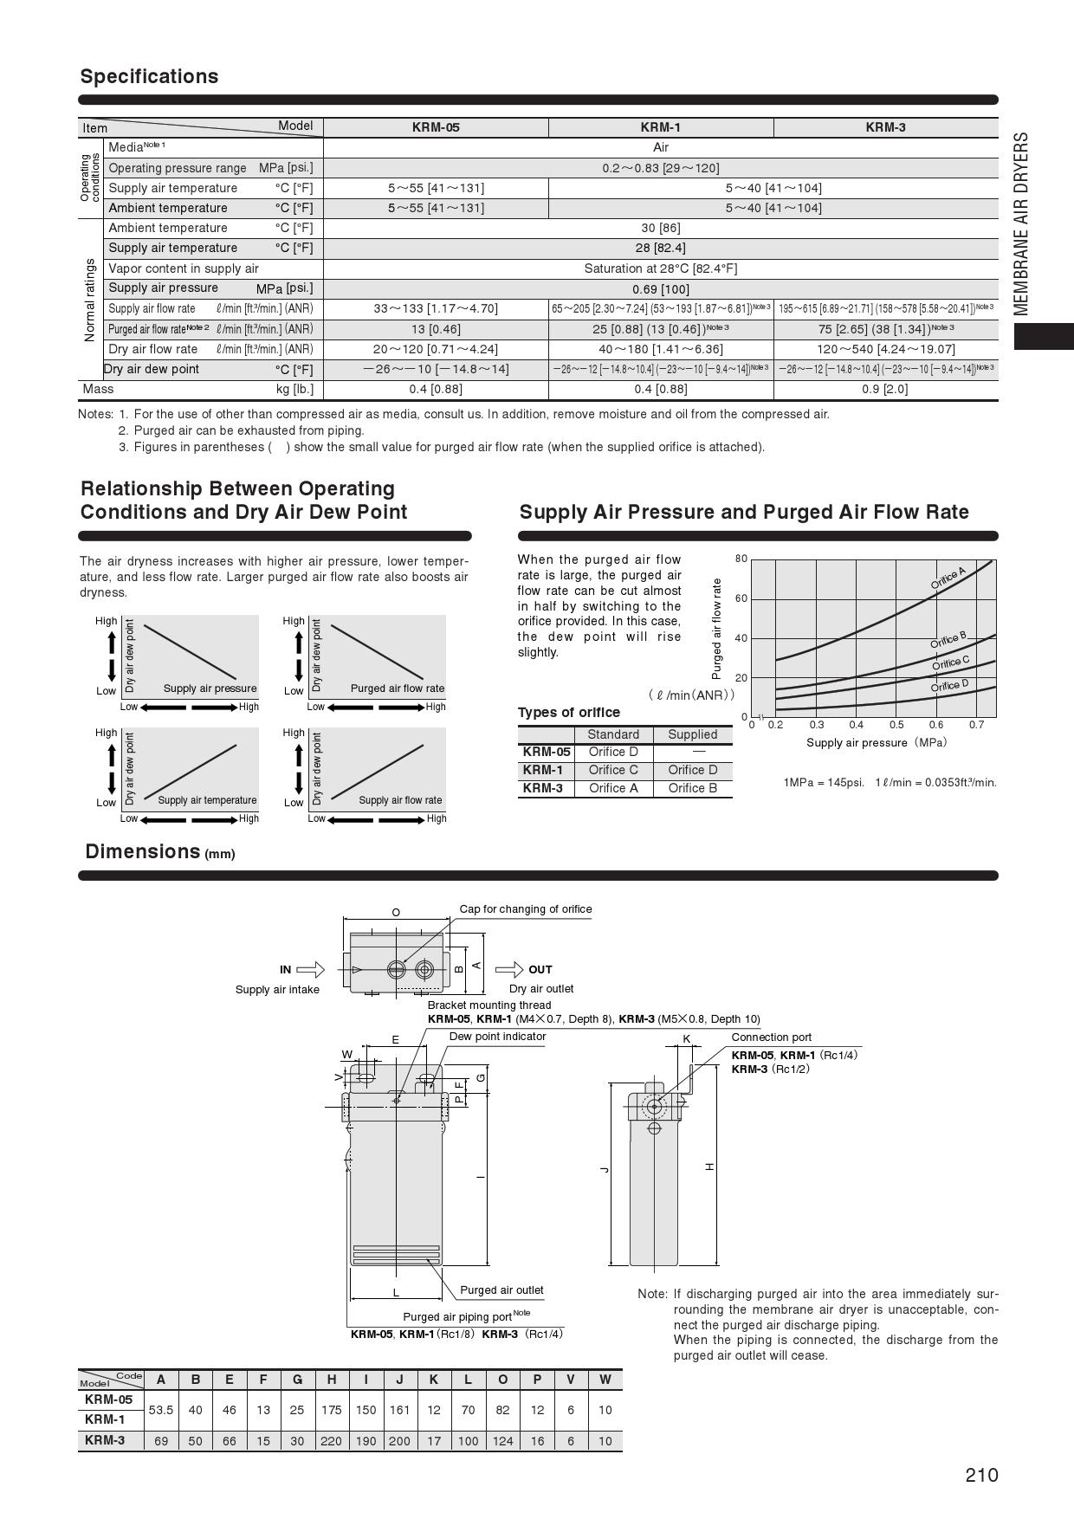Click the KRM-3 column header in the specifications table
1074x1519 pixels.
pos(885,127)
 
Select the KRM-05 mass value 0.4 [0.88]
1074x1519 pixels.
pos(436,390)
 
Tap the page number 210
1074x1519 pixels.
pos(981,1475)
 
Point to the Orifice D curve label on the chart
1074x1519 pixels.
pos(949,686)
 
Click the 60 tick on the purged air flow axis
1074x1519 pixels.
pos(741,598)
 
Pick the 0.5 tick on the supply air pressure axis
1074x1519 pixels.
pos(896,725)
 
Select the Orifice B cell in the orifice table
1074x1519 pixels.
pos(692,788)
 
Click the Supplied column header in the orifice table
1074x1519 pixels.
pos(692,734)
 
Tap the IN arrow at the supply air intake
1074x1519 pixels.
pos(310,969)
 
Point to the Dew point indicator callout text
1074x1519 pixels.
pos(497,1037)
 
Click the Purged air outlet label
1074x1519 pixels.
pos(501,1290)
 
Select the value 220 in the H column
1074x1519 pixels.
pos(332,1441)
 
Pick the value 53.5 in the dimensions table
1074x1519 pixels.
pos(161,1410)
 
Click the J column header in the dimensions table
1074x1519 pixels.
pos(399,1380)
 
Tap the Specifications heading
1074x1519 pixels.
pos(149,76)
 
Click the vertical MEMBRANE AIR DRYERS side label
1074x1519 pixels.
pos(1021,223)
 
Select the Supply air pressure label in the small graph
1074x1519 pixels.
pos(210,688)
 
